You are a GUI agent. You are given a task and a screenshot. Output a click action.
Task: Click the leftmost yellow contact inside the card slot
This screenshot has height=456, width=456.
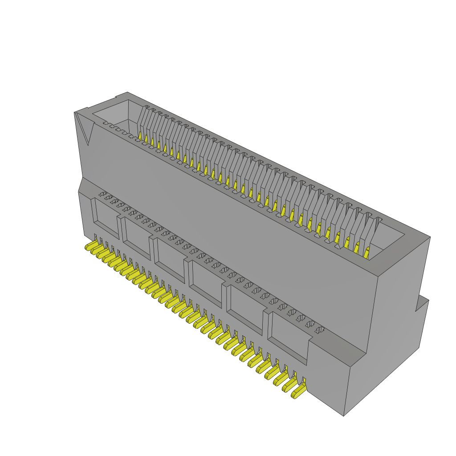pyautogui.click(x=139, y=135)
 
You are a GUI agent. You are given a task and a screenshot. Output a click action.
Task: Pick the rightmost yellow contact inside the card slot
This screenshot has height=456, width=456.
pyautogui.click(x=366, y=253)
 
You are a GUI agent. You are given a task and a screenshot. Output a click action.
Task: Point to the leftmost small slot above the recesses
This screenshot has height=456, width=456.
pyautogui.click(x=102, y=194)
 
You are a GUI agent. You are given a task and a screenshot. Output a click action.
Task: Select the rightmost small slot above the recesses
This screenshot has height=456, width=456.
pyautogui.click(x=319, y=330)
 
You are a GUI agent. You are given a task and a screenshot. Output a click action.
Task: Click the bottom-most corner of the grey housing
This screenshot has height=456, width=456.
pyautogui.click(x=343, y=416)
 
